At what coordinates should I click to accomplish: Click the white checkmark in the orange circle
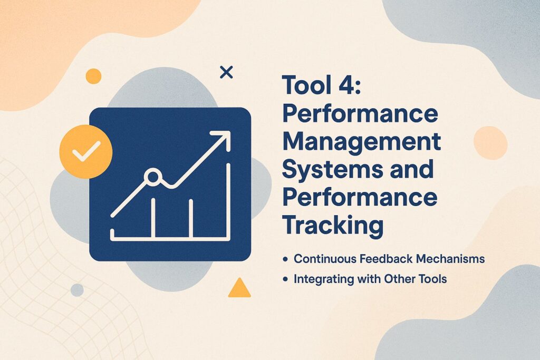pos(86,152)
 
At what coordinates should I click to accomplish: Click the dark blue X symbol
pos(226,73)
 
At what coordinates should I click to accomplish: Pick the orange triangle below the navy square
pos(239,288)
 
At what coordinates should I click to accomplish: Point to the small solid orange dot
pos(93,76)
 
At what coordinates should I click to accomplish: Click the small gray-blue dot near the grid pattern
pos(77,290)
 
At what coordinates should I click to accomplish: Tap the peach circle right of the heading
pos(490,143)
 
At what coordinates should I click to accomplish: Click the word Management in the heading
pos(361,142)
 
